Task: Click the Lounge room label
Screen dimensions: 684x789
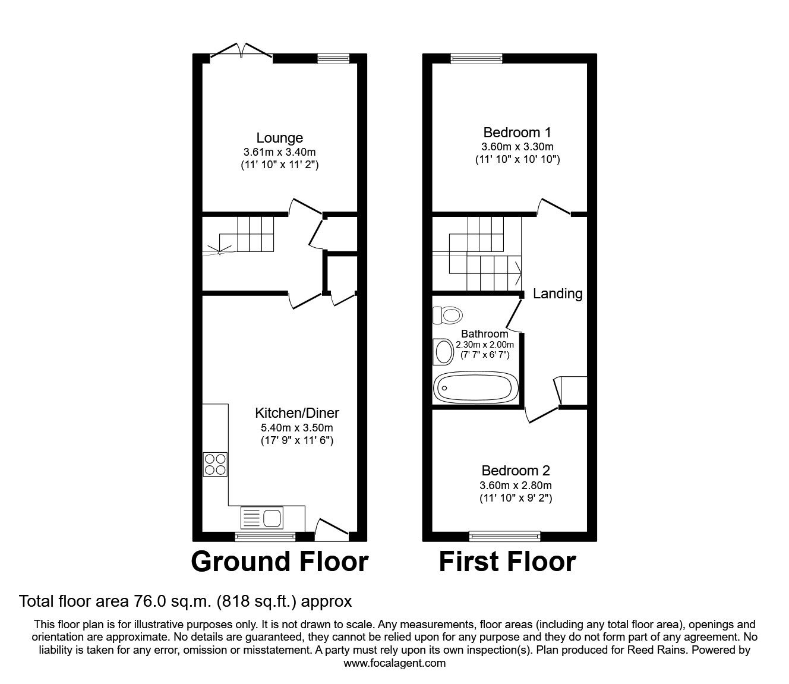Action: point(279,138)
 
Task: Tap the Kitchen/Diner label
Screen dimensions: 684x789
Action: point(296,412)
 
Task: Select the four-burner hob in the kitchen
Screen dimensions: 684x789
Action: point(216,464)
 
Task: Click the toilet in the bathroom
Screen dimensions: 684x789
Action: point(447,314)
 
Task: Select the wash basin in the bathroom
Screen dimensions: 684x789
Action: point(443,351)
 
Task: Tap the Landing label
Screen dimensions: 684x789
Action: point(557,294)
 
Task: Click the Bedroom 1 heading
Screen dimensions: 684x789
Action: point(517,132)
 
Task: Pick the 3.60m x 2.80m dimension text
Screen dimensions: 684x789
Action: point(516,485)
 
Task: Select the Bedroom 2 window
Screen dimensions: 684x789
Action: point(505,537)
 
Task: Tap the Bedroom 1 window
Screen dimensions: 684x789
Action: point(476,58)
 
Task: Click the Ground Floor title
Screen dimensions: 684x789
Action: point(280,562)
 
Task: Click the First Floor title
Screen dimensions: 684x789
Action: point(507,562)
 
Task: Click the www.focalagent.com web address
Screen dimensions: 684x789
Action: point(394,663)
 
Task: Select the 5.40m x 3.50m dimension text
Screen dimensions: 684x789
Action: point(296,427)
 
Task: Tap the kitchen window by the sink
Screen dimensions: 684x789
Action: point(265,537)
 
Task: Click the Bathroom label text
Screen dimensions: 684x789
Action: point(485,334)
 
